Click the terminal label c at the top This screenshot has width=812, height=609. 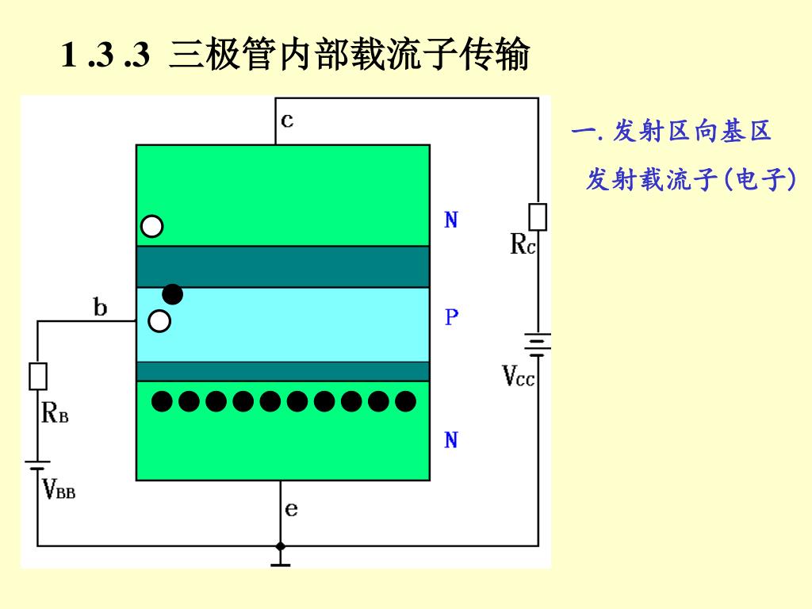tap(287, 121)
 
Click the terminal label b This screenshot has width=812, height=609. tap(100, 307)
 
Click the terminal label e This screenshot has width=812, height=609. tap(291, 509)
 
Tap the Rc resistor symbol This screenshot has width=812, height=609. tap(537, 216)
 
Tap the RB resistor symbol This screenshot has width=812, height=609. tap(37, 376)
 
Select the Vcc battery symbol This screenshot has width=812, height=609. tap(538, 343)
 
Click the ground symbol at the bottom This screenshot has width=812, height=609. tap(280, 563)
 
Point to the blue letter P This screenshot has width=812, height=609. tap(451, 318)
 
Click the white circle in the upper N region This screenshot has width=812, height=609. tap(152, 227)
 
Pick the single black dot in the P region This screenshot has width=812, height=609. tap(172, 294)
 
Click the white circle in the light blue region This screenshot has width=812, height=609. tap(159, 321)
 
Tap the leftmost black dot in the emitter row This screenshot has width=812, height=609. tap(162, 402)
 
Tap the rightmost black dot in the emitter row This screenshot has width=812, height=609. tap(405, 402)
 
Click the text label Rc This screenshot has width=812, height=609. tap(523, 246)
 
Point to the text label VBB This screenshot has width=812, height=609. tap(59, 488)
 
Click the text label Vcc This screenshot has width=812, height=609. tap(519, 375)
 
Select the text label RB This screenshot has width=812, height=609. tap(54, 413)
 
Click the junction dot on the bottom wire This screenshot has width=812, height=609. tap(280, 546)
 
